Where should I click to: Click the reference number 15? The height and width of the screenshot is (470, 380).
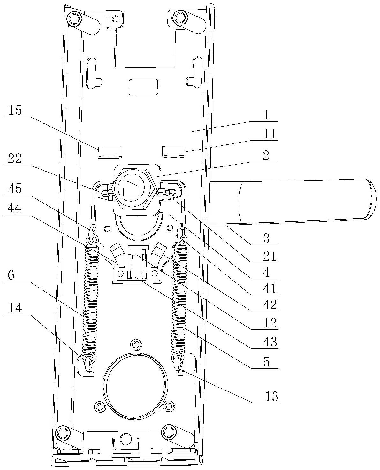point(15,110)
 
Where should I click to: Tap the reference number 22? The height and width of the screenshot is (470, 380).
point(15,158)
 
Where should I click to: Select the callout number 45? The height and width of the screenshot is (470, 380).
point(15,189)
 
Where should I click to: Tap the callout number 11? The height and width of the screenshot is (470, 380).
point(270,134)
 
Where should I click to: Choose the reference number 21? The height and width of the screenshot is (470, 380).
point(270,256)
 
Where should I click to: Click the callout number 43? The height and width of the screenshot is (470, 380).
point(270,342)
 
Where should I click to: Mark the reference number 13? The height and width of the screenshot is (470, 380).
point(272,397)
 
